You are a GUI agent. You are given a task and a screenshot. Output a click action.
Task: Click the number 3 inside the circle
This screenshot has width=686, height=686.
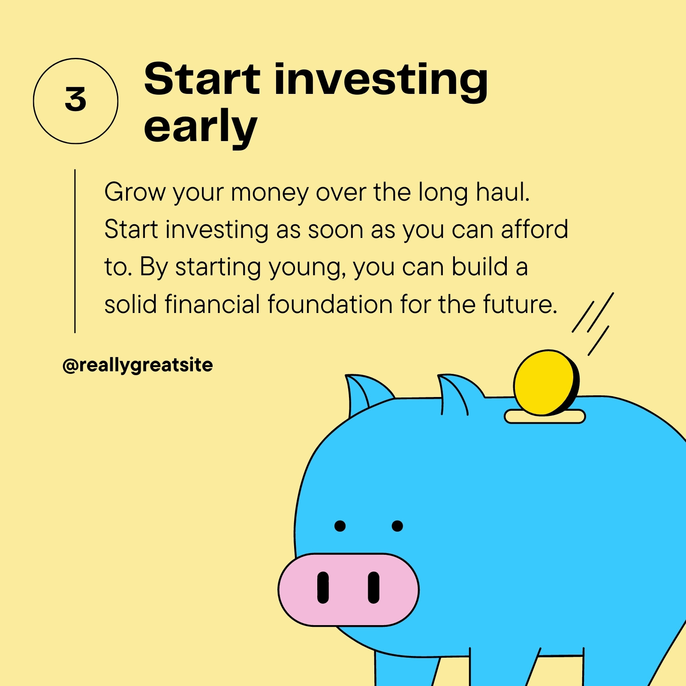click(x=75, y=99)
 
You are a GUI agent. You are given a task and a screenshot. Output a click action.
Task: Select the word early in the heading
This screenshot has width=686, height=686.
click(x=200, y=128)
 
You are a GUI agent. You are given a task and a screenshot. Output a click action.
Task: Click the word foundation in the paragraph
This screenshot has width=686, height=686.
click(x=330, y=304)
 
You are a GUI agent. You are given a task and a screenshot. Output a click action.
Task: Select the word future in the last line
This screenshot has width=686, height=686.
click(x=520, y=304)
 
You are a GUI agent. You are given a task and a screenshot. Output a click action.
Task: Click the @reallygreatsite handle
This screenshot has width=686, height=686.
click(x=138, y=365)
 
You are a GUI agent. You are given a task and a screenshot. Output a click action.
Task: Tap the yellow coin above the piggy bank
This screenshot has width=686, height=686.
click(x=546, y=383)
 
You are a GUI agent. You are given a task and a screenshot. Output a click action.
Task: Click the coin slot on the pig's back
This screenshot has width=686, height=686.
click(x=545, y=417)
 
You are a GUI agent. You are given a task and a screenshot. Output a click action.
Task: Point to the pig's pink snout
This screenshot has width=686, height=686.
click(x=349, y=590)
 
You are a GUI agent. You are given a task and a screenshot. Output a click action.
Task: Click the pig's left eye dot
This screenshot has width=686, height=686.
click(x=340, y=526)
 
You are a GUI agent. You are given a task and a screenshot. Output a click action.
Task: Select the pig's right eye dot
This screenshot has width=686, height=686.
click(x=397, y=526)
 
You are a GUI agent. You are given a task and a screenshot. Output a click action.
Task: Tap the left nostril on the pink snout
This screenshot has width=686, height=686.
click(x=323, y=587)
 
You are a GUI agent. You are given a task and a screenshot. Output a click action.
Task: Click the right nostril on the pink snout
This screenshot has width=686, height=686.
click(x=374, y=587)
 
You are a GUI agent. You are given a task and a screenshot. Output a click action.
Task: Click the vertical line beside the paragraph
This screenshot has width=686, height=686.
click(x=75, y=251)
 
